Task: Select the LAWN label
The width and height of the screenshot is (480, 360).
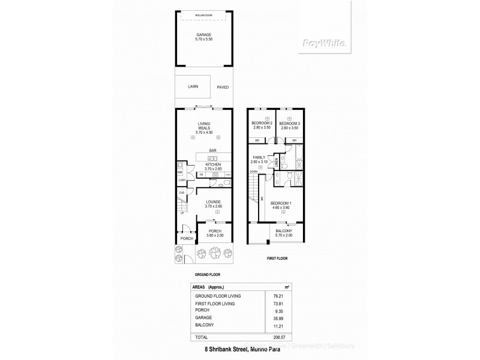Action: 193,86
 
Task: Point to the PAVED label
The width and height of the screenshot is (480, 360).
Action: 222,87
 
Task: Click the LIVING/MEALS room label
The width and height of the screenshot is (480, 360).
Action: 206,127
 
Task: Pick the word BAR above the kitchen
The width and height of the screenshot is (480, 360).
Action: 212,151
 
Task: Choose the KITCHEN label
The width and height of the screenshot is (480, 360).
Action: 213,164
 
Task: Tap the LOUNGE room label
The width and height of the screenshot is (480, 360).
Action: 213,202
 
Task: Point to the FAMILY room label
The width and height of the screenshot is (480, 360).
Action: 259,158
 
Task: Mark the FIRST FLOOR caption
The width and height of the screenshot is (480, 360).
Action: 278,257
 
